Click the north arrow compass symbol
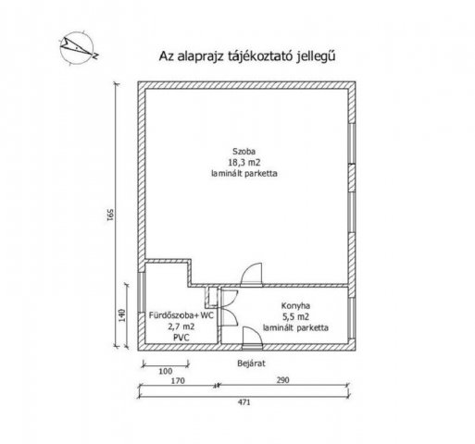(x=78, y=48)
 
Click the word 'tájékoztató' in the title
(x=260, y=56)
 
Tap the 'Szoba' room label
(x=244, y=152)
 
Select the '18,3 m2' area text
(x=244, y=162)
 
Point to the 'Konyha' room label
(x=295, y=306)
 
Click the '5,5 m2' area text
(x=295, y=316)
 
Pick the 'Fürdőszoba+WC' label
(x=181, y=315)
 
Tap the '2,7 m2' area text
(x=181, y=327)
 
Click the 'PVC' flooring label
(x=181, y=338)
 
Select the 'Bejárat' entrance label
(x=251, y=364)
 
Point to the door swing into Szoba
(x=252, y=274)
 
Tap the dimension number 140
(x=122, y=315)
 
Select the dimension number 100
(x=166, y=371)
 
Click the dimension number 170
(x=178, y=381)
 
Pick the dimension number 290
(x=282, y=380)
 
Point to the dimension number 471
(x=244, y=402)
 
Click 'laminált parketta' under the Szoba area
(x=244, y=173)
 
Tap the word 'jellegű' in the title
(x=316, y=56)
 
